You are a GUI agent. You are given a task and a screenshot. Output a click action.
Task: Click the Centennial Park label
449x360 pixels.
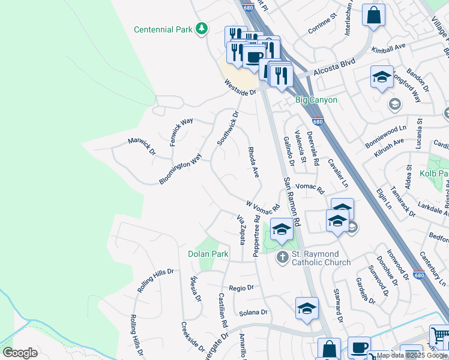(163, 29)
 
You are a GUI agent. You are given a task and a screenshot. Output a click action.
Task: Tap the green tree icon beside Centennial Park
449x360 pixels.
(203, 28)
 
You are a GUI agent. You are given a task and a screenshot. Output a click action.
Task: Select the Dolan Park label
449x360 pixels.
(208, 254)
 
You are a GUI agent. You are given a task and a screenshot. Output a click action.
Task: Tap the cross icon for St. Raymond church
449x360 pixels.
(282, 257)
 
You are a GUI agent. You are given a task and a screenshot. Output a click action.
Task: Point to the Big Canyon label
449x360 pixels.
(316, 100)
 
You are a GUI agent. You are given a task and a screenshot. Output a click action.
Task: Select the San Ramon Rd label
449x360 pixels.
(292, 201)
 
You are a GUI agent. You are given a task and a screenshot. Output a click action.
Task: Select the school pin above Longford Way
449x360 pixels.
(382, 77)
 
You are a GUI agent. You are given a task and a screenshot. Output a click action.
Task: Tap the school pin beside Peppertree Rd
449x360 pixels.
(282, 229)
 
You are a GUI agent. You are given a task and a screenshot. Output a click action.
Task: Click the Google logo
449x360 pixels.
(20, 353)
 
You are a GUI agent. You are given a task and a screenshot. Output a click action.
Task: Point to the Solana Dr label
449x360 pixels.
(253, 313)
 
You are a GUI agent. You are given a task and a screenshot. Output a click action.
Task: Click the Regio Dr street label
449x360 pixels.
(241, 288)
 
